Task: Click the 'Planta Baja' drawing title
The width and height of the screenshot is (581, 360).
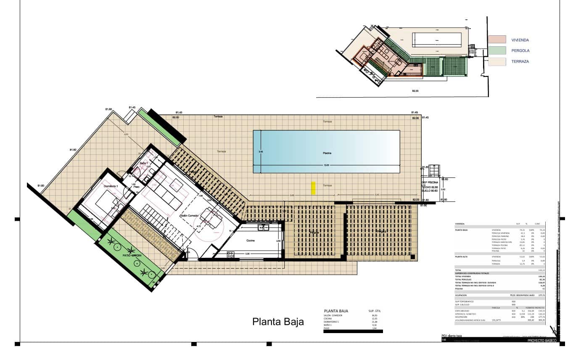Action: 278,322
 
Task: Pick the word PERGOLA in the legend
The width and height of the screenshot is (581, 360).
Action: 520,50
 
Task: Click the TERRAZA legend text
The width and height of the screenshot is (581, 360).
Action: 520,61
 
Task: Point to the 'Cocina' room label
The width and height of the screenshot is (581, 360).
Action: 251,241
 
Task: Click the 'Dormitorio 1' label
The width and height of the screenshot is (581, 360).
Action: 111,185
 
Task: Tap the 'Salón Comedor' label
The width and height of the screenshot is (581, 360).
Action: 189,215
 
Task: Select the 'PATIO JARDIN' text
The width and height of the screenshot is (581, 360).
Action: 132,255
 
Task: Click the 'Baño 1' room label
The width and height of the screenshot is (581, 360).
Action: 144,163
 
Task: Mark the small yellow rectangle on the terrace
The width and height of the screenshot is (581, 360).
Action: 313,188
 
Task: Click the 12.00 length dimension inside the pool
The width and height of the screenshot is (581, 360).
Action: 326,165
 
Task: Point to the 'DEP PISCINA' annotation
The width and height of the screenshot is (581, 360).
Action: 430,182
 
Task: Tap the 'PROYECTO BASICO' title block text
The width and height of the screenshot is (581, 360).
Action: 542,341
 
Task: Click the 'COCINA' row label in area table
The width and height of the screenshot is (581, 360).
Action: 328,318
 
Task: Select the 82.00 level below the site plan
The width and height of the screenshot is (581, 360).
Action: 415,91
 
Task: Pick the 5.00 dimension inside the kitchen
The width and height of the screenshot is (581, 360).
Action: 248,254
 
